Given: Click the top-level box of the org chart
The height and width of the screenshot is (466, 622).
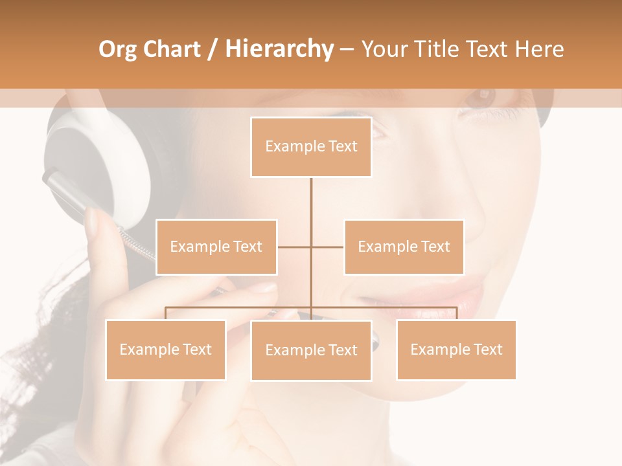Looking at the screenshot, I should coord(311,147).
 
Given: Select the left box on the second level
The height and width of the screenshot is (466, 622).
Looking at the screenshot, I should coord(216,247).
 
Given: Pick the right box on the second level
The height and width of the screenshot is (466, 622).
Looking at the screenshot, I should coord(404,247).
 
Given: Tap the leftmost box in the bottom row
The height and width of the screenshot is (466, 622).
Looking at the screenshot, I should coord(166,349).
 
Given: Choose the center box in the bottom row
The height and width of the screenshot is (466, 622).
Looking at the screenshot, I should coord(311,350).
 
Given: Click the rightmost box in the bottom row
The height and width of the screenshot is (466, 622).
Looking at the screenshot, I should coord(456,349).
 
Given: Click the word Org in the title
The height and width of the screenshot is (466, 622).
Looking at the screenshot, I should coord(118,49).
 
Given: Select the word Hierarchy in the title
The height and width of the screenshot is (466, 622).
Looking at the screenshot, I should coord(279,49).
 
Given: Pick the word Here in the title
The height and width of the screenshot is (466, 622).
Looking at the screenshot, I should coord(539,49).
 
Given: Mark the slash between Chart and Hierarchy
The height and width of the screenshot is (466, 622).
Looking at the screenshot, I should coord(213,49).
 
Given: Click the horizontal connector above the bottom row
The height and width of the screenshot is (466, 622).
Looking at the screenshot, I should coord(240,307).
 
